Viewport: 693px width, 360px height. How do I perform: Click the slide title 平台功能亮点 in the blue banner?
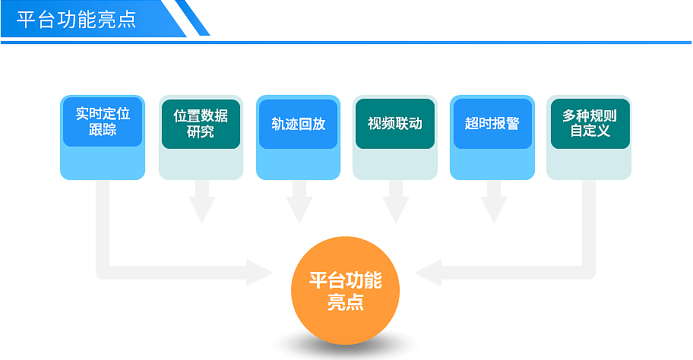[x=76, y=20]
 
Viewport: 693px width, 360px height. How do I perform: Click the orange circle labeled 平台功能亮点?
[x=345, y=290]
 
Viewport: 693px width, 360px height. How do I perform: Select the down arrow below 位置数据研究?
[x=202, y=202]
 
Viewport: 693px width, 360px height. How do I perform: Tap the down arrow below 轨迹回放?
[x=299, y=202]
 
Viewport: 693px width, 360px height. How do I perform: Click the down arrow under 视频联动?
[x=396, y=202]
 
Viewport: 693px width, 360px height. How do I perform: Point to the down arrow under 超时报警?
[x=494, y=202]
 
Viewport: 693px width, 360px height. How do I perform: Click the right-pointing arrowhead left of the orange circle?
[x=259, y=273]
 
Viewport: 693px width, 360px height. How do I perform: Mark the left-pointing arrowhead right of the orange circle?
[x=428, y=273]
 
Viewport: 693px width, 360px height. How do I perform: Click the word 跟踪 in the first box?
[x=103, y=129]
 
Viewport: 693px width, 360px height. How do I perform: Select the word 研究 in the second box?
[x=201, y=131]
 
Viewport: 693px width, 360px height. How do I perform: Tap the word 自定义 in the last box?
[x=590, y=131]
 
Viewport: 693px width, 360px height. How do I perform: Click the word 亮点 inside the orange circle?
[x=345, y=302]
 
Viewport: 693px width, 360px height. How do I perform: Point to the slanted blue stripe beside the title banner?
[x=192, y=17]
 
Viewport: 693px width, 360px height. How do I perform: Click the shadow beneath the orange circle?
[x=345, y=348]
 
